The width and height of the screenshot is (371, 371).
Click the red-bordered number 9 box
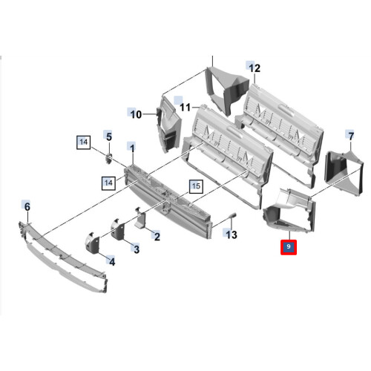289,247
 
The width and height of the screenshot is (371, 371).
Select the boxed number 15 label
196,186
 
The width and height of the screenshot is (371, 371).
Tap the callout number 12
255,68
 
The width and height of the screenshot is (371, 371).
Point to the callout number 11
185,108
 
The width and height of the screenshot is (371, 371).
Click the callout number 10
136,115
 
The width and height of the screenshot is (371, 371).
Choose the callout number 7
351,136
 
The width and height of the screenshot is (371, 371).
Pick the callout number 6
27,206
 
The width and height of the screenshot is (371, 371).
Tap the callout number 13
232,234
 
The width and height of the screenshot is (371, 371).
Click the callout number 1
132,148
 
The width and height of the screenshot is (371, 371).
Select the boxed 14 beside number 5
84,142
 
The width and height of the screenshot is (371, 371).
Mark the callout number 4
112,262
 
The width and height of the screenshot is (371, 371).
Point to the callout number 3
137,249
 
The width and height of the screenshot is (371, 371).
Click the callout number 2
157,237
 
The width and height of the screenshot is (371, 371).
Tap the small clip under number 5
109,158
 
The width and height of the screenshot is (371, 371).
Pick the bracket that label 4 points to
93,244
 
